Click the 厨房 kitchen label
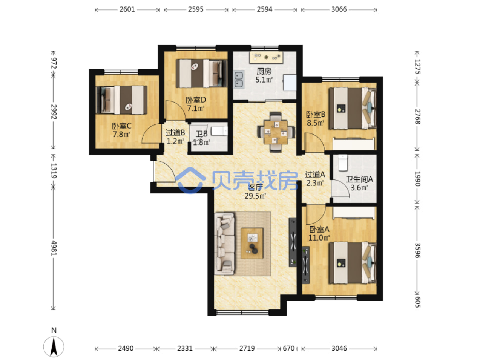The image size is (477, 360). pyautogui.click(x=264, y=71)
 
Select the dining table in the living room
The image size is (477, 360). pyautogui.click(x=276, y=132)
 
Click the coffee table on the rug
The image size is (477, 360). pyautogui.click(x=252, y=243)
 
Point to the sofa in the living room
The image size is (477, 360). pyautogui.click(x=224, y=244)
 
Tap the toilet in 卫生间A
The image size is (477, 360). pyautogui.click(x=343, y=163)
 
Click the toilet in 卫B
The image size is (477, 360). pyautogui.click(x=219, y=131)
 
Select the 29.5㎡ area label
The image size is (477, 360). pyautogui.click(x=255, y=196)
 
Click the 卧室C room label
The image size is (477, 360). pyautogui.click(x=122, y=126)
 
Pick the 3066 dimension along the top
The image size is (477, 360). pyautogui.click(x=339, y=9)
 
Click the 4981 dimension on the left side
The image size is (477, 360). pyautogui.click(x=54, y=248)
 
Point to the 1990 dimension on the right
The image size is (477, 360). pyautogui.click(x=417, y=179)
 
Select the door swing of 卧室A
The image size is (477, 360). pyautogui.click(x=316, y=214)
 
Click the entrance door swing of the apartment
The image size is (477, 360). pyautogui.click(x=164, y=172)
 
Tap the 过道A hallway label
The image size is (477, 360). pyautogui.click(x=315, y=174)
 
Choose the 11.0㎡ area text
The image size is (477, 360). pyautogui.click(x=319, y=238)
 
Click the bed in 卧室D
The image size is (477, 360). pyautogui.click(x=201, y=74)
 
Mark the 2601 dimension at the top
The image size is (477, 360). pyautogui.click(x=127, y=9)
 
